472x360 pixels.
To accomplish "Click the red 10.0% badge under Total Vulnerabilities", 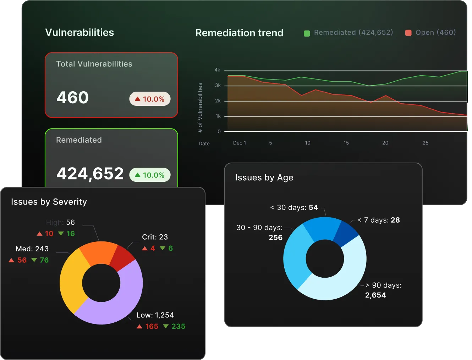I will tap(150, 99).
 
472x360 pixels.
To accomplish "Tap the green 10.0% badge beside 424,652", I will tap(150, 175).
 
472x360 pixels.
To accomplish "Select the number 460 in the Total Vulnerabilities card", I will tap(72, 98).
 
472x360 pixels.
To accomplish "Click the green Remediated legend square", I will tap(307, 33).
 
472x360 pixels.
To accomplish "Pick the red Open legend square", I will tap(408, 33).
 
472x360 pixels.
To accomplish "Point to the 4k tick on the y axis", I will tap(217, 70).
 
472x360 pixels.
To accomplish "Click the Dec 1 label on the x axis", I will tap(239, 143).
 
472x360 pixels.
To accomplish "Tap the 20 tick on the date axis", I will tap(385, 143).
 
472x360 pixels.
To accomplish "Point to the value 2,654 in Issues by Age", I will tap(375, 295).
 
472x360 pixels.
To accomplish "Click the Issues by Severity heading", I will tap(49, 202).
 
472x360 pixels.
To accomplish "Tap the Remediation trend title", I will tap(239, 33).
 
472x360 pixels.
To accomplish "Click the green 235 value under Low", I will tap(178, 326).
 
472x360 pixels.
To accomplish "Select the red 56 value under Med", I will tap(22, 260).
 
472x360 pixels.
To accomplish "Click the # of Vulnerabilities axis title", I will tap(200, 108).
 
